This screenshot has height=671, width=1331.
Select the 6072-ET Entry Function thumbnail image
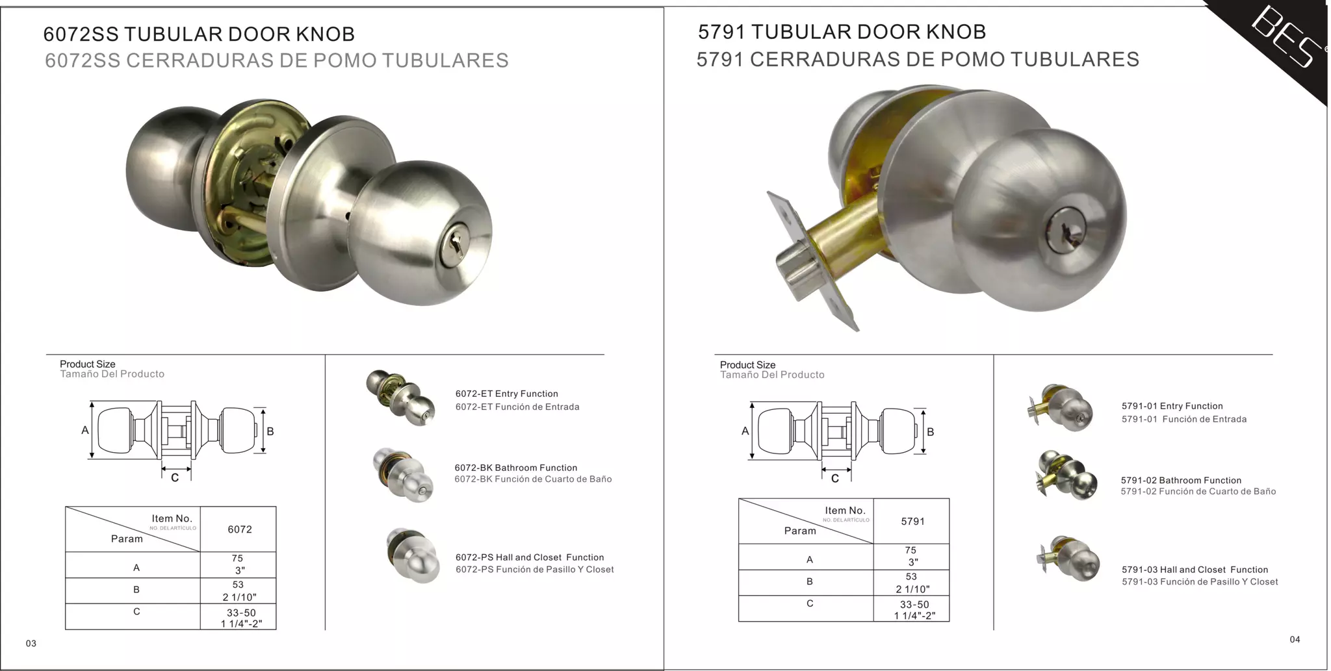(401, 397)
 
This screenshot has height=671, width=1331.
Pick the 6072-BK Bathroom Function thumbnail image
(403, 474)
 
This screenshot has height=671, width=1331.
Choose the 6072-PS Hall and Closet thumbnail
(413, 555)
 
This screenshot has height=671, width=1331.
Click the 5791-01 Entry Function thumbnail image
(1063, 409)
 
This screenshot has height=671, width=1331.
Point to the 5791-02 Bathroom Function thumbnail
(1066, 476)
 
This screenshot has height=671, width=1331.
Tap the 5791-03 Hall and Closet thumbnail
(1069, 559)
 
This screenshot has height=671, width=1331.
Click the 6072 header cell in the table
(239, 529)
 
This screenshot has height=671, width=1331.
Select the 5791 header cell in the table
(912, 522)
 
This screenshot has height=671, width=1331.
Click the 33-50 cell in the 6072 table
(240, 618)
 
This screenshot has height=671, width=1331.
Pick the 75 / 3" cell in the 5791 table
(911, 556)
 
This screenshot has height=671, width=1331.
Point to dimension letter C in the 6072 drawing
(175, 478)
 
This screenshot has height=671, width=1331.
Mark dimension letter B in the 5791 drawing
(930, 432)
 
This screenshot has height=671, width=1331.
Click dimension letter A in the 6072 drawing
(85, 430)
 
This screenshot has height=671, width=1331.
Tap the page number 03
(31, 643)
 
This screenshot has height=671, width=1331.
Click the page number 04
(1295, 639)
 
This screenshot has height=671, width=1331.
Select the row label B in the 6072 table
(136, 590)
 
